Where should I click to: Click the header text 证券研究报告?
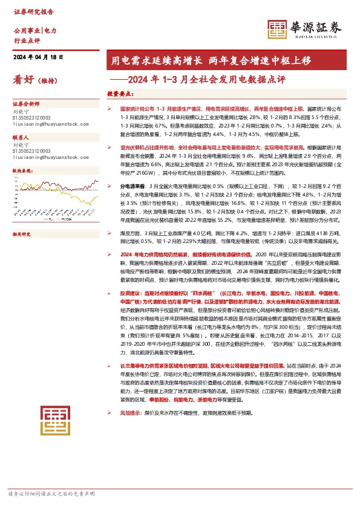pyautogui.click(x=31, y=11)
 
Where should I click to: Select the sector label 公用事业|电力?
pyautogui.click(x=34, y=30)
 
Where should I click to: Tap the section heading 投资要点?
pyautogui.click(x=120, y=94)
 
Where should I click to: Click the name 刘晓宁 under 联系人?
pyautogui.click(x=21, y=145)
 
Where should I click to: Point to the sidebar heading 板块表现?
pyautogui.click(x=23, y=171)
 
